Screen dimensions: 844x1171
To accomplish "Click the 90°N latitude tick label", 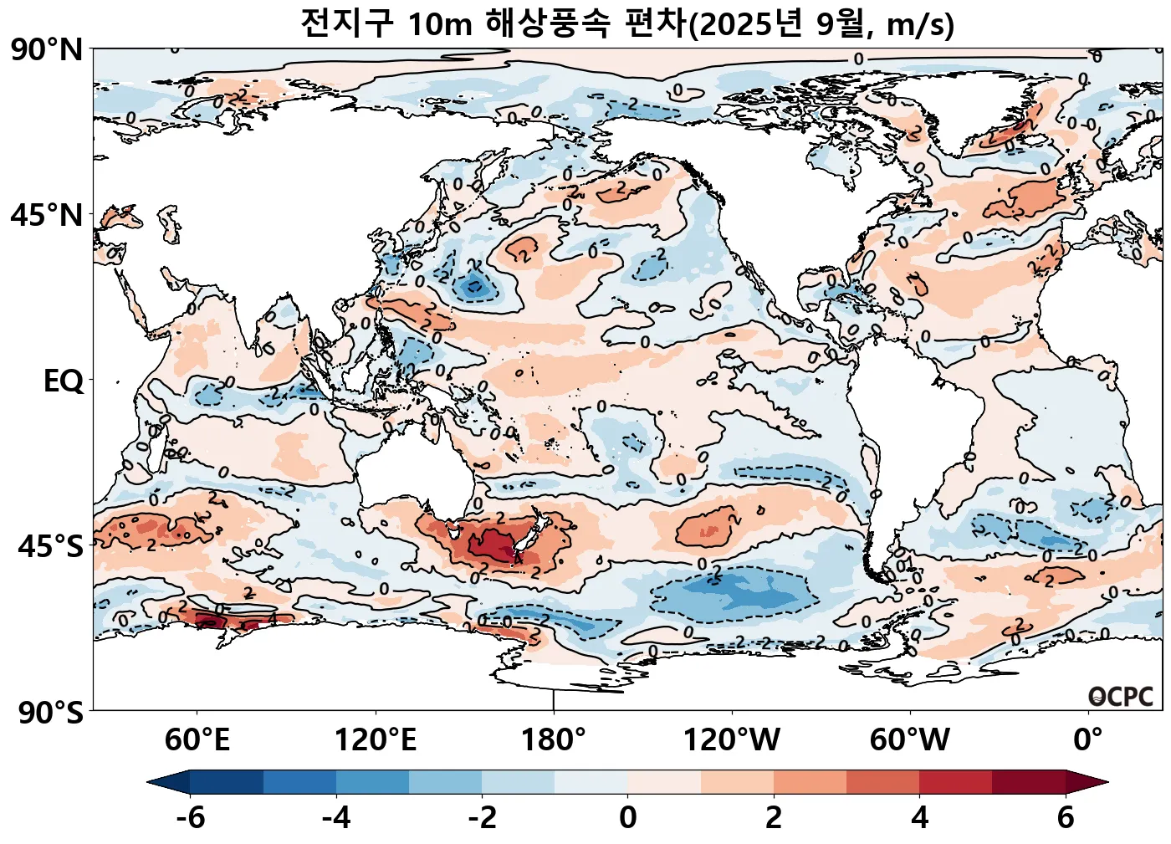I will tap(48, 50).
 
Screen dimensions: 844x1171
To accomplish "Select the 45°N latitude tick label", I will tap(48, 216).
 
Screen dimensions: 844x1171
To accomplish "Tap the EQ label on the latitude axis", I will tap(64, 381).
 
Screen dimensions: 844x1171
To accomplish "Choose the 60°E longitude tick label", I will tap(197, 740).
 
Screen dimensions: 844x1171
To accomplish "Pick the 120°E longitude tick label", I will tap(376, 740).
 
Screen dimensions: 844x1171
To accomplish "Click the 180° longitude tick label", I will tap(554, 740).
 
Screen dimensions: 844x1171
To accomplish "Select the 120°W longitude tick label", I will tap(732, 740).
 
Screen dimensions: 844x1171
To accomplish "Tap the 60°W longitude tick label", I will tap(910, 740).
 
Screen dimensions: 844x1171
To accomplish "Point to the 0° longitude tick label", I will tap(1087, 740).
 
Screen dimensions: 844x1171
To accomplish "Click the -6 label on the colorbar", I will tap(191, 817).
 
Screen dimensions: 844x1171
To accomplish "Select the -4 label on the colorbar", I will tap(336, 817).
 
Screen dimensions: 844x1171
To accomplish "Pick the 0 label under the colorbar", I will tap(628, 817).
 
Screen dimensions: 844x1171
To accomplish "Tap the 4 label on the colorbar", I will tap(919, 817).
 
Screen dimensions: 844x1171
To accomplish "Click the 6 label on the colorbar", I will tap(1065, 817).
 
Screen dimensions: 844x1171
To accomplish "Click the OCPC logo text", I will tap(1121, 697).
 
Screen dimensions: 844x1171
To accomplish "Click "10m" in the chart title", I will tap(440, 24).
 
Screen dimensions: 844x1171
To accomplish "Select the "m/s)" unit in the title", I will tap(920, 25).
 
